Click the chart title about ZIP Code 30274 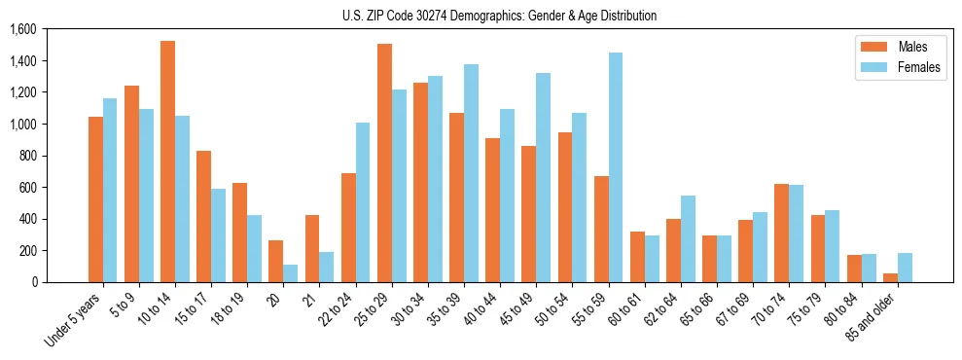coord(499,16)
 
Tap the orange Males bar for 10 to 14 coord(167,162)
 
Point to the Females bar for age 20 coord(290,273)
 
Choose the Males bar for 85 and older coord(890,277)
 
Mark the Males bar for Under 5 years coord(95,199)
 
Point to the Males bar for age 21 coord(312,248)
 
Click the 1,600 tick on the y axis coord(21,29)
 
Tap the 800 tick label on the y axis coord(27,156)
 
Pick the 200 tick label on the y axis coord(27,250)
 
